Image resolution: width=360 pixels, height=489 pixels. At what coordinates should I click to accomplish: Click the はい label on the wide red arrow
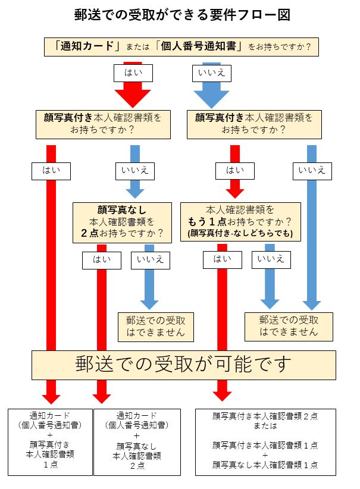pos(133,73)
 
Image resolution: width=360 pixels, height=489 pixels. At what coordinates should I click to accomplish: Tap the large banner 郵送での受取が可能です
pos(183,365)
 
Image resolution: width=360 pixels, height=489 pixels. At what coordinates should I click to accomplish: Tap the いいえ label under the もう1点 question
pos(271,259)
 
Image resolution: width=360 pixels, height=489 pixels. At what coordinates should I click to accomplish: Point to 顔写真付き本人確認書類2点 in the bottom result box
pos(265,418)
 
